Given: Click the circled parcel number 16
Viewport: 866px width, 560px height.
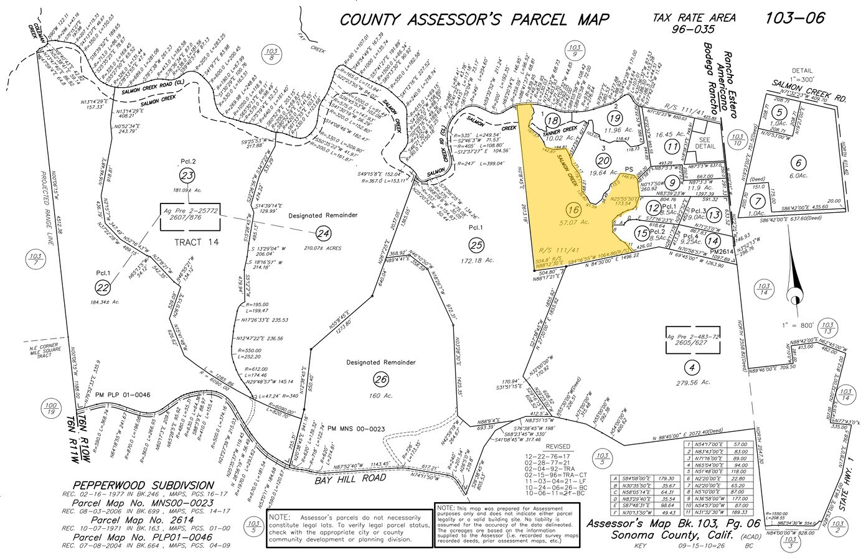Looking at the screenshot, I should [573, 210].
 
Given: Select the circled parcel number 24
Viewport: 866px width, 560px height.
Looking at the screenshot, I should [322, 234].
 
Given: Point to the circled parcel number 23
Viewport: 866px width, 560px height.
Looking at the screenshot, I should [186, 175].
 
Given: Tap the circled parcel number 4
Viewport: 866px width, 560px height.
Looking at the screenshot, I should [688, 366].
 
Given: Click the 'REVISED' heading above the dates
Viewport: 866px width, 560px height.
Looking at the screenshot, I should [557, 446].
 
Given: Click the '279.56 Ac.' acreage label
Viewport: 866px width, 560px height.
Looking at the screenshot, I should [688, 382].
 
